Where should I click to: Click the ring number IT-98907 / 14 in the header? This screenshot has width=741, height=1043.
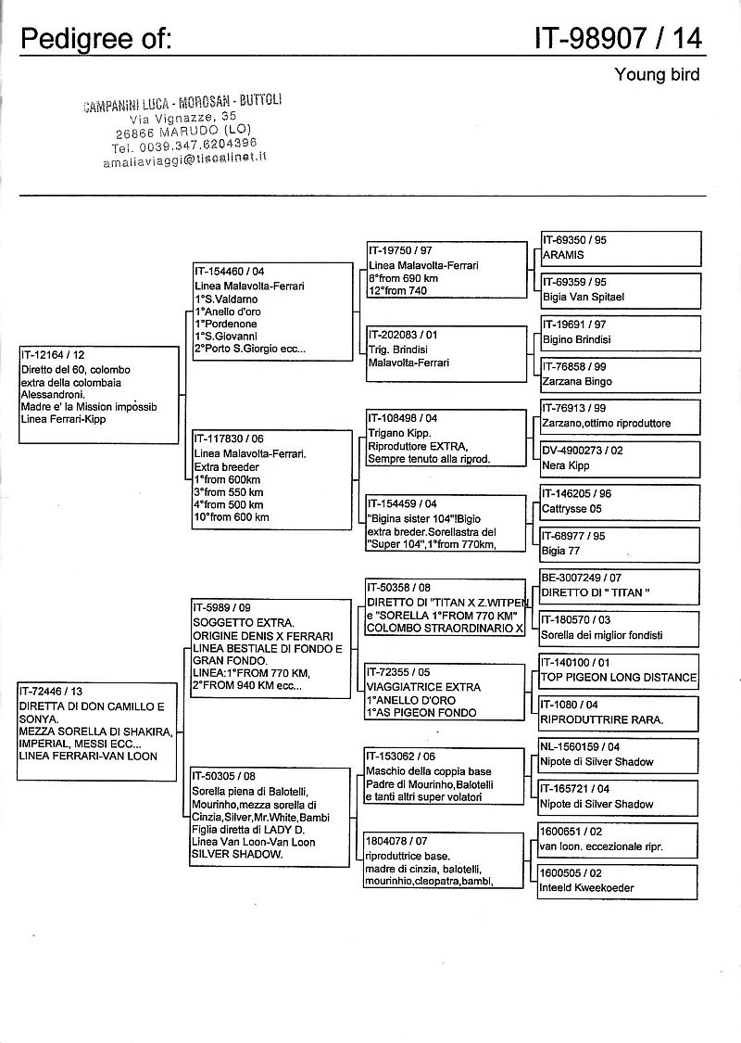[618, 37]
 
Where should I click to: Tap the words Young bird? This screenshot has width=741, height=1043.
[657, 74]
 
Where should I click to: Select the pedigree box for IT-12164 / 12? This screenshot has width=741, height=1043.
[97, 394]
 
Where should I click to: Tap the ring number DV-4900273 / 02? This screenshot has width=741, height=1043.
[583, 449]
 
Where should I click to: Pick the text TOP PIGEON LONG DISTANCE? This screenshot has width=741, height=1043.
[619, 677]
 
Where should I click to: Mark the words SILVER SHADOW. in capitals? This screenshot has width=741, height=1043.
[237, 854]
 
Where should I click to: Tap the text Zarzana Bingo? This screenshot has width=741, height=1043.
[577, 381]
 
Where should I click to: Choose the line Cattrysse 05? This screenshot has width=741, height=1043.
[572, 508]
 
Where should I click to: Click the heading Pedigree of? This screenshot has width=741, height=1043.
[96, 39]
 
